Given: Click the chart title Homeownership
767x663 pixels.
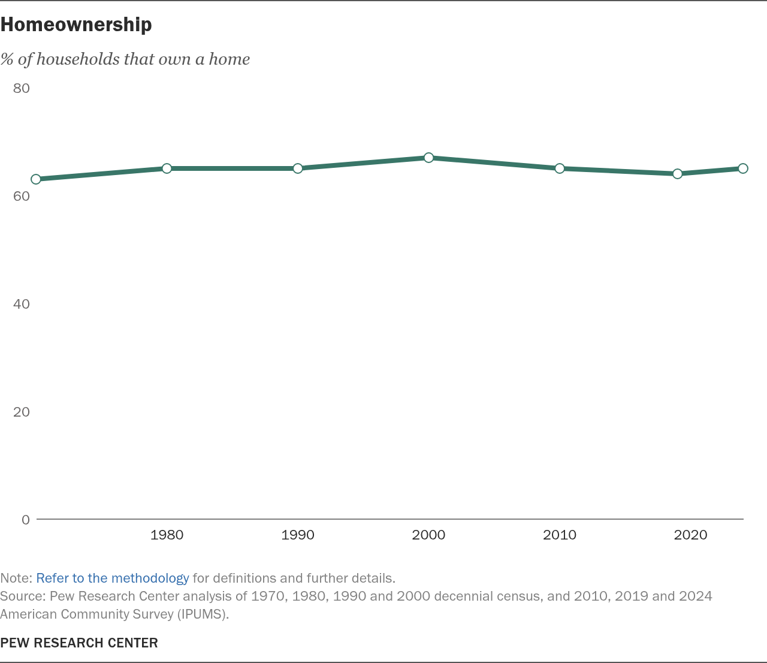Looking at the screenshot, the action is point(76,25).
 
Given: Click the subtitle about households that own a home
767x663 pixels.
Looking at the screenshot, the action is point(125,59).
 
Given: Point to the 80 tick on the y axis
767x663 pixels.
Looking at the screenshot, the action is point(21,88).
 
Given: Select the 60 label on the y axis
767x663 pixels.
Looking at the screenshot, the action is point(21,196).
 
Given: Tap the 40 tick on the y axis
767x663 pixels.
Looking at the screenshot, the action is point(21,304).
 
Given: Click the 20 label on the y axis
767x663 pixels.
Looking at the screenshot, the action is point(21,412).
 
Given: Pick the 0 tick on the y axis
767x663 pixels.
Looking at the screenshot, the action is point(26,520).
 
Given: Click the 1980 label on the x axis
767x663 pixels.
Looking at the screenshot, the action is point(167,535).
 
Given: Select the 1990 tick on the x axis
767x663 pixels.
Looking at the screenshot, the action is point(298,535).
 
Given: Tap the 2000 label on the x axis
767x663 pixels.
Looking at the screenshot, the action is point(428,535).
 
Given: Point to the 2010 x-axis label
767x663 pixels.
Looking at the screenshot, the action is point(560,535).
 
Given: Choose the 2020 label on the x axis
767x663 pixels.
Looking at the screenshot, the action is point(690,535).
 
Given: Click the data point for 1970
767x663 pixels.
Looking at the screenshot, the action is point(36,179).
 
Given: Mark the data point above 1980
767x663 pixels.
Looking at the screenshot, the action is point(167,168).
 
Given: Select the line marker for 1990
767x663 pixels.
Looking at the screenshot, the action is point(298,168).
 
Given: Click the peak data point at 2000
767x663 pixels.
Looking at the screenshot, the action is point(428,158).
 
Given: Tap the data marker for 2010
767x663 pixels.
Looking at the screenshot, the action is point(560,168).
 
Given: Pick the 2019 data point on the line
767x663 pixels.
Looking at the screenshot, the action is point(678,174).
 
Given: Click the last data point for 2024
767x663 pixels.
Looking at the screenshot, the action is point(743,168).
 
